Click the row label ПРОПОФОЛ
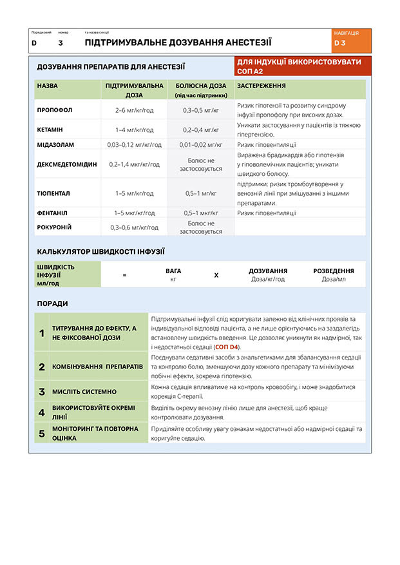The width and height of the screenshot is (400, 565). click(55, 110)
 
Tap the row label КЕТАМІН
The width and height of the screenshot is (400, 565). click(50, 129)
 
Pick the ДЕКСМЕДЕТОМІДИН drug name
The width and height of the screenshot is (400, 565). click(67, 164)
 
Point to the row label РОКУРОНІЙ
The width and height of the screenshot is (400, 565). click(54, 227)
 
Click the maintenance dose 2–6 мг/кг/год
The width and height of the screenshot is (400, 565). click(134, 110)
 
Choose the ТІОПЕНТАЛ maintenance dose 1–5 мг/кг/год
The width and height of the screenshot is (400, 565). click(134, 193)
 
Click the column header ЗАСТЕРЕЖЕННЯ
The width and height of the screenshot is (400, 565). click(262, 86)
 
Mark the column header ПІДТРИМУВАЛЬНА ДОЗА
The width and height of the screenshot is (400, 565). click(134, 90)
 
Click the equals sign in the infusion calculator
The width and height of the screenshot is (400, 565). click(124, 275)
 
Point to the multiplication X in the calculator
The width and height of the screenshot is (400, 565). click(216, 275)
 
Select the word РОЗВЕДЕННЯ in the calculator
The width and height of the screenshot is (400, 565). click(333, 271)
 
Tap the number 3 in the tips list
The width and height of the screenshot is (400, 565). click(42, 392)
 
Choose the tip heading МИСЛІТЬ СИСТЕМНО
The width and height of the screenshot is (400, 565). click(84, 392)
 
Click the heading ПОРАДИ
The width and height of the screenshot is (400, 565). click(52, 303)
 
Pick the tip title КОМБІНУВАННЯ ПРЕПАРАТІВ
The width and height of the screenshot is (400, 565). click(97, 366)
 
